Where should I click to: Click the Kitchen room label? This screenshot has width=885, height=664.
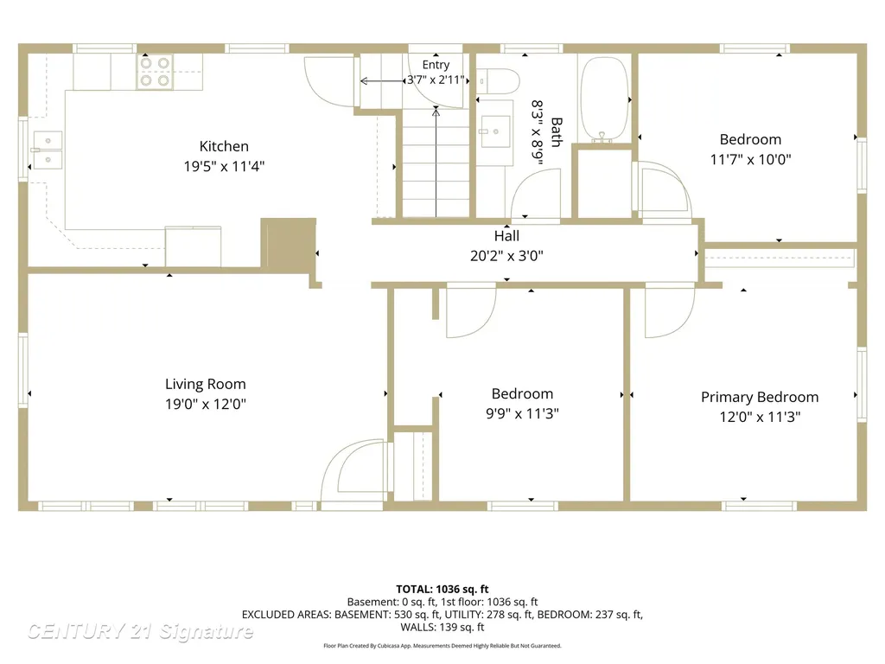tap(224, 146)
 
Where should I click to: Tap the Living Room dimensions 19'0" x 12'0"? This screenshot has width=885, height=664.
tap(206, 405)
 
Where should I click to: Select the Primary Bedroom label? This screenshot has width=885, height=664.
tap(760, 397)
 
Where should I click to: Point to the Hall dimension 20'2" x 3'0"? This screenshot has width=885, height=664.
tap(506, 256)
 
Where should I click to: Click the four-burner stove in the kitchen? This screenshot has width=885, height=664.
tap(155, 72)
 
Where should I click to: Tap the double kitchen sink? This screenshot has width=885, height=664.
tap(48, 150)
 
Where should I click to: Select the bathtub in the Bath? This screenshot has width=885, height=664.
tap(604, 99)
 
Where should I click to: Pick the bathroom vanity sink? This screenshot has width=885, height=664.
tap(495, 131)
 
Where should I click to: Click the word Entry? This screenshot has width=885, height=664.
tap(436, 65)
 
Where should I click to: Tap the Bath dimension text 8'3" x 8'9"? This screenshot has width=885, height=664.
tap(538, 132)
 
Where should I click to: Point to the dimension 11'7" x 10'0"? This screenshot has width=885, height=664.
tap(751, 159)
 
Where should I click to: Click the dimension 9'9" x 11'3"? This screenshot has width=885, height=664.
tap(522, 413)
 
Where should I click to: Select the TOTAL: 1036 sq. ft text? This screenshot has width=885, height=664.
tap(442, 589)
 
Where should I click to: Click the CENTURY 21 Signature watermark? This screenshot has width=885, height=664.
tap(140, 631)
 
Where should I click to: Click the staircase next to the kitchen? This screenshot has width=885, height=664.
tap(436, 163)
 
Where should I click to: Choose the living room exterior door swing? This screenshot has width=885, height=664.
tap(354, 469)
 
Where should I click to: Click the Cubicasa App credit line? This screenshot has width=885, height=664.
tap(442, 645)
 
